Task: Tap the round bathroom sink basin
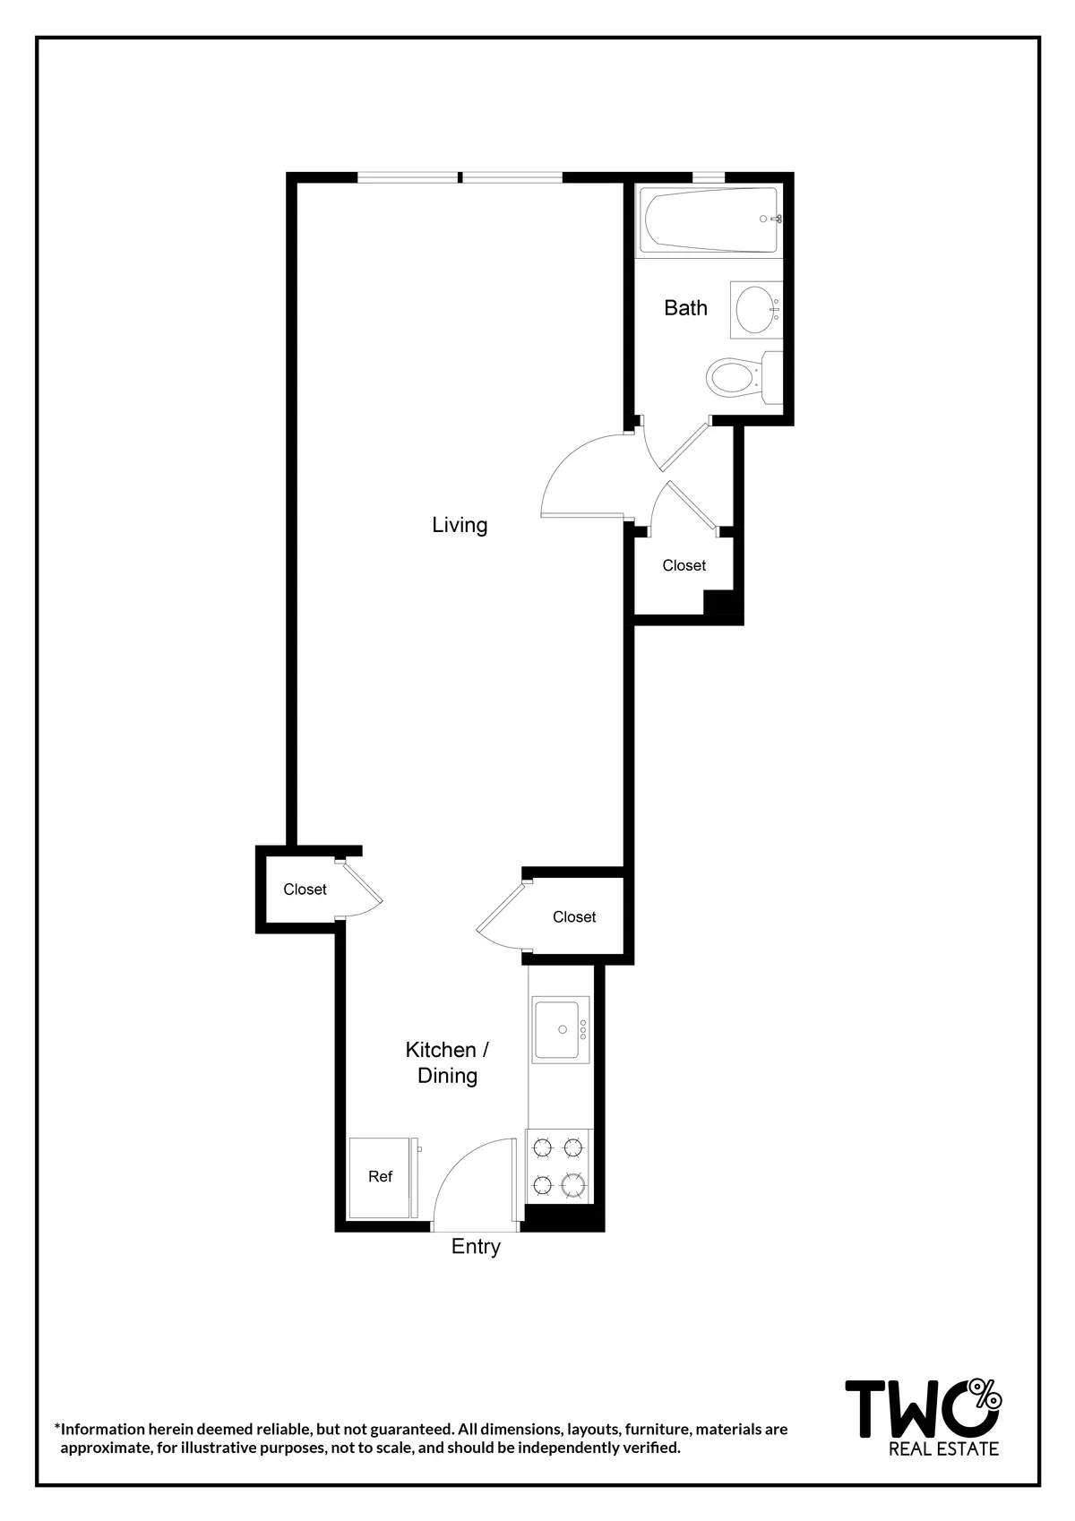coord(754,310)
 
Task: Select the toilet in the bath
coord(735,378)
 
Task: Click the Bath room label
coord(685,308)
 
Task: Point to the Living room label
coord(460,525)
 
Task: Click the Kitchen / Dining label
coord(447,1062)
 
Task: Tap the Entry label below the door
coord(476,1247)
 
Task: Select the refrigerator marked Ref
coord(381,1177)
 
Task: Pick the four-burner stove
coord(559,1165)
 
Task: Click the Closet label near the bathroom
coord(684,566)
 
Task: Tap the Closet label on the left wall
coord(305,889)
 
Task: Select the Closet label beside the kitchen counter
coord(574,917)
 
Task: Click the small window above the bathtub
coord(709,177)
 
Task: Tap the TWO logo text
coord(909,1409)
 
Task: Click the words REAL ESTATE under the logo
coord(943,1449)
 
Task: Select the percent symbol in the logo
coord(985,1392)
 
